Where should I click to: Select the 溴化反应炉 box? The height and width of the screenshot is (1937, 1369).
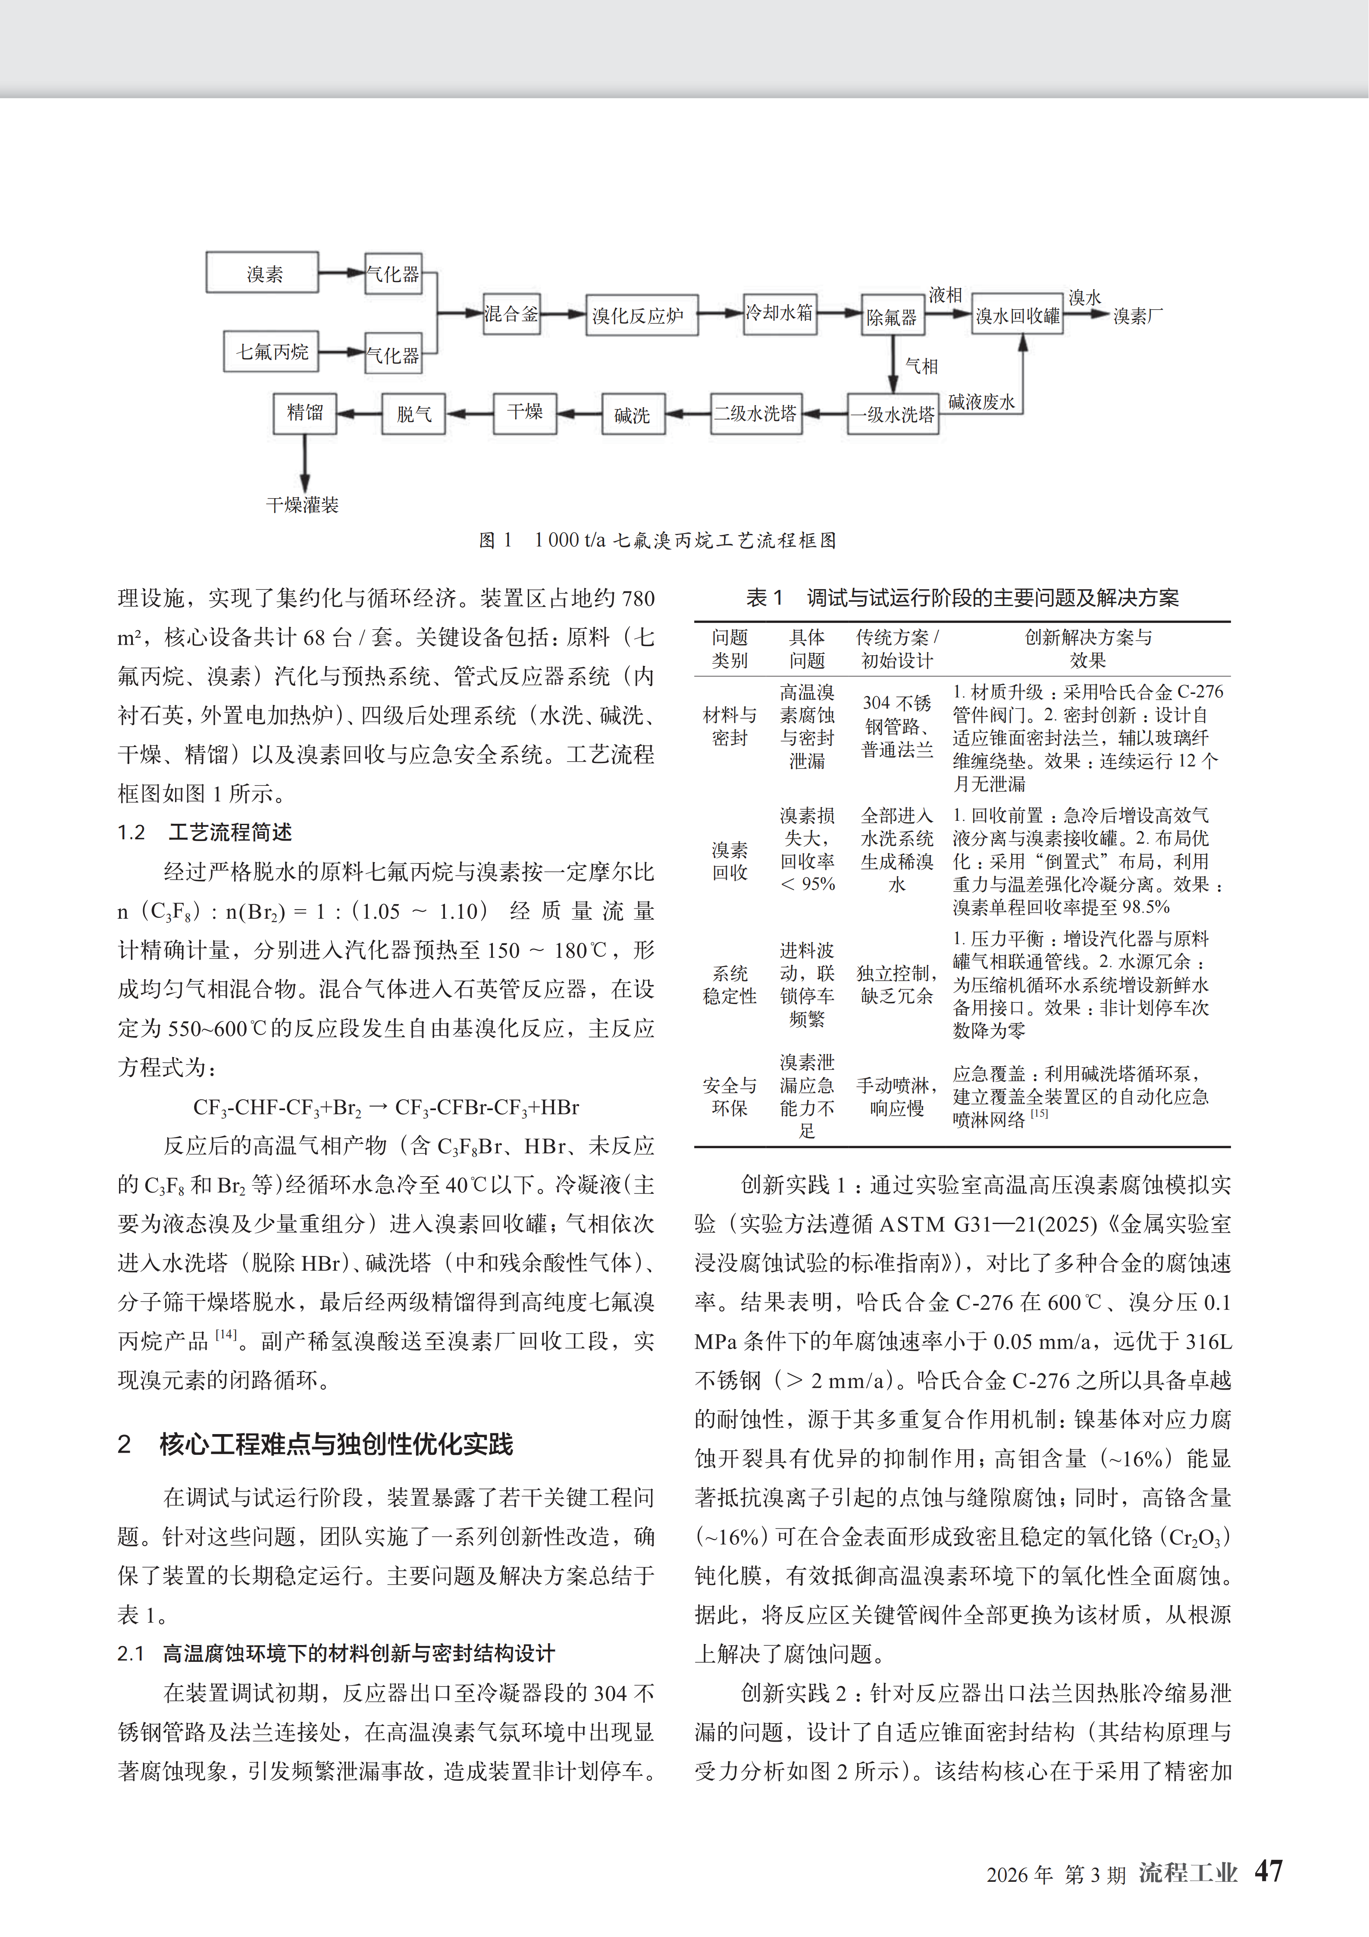pos(641,316)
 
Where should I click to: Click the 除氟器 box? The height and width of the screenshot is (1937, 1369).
pos(892,317)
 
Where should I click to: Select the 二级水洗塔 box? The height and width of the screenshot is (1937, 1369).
pos(756,413)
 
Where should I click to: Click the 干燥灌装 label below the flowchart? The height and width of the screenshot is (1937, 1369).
pos(302,505)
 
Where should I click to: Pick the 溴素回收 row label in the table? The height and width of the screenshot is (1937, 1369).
pos(730,860)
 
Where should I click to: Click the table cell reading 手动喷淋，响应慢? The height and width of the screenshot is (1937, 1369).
pos(896,1096)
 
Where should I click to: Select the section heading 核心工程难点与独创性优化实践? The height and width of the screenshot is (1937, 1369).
pos(336,1444)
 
